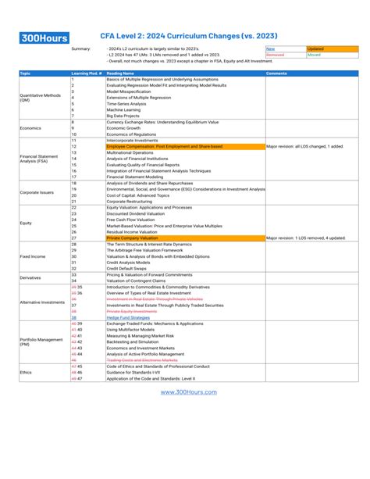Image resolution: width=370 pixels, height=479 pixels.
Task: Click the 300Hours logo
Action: pos(45,38)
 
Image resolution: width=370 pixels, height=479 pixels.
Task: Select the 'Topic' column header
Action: pos(26,73)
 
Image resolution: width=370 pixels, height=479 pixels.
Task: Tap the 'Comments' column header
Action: pos(277,73)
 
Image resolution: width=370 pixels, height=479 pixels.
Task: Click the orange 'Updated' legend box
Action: pos(332,48)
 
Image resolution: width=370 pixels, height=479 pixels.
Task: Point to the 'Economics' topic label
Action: pos(30,127)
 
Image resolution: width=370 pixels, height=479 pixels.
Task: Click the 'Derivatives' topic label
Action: pos(30,277)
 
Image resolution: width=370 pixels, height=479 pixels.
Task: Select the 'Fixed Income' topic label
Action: pos(32,256)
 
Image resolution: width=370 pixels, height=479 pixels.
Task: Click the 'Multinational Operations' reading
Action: pos(132,152)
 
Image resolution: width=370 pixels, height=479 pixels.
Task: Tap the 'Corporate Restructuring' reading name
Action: pos(133,201)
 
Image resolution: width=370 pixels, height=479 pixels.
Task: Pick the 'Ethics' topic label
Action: pos(26,373)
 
